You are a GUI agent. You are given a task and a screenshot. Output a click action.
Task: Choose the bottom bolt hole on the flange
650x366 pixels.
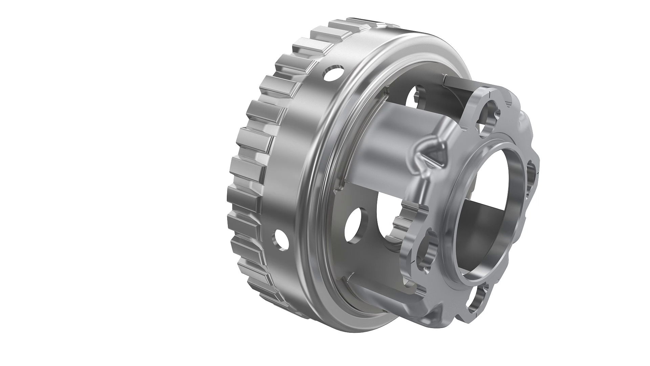[477, 298]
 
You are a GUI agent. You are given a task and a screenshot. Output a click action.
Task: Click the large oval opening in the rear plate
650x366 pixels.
[389, 217]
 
